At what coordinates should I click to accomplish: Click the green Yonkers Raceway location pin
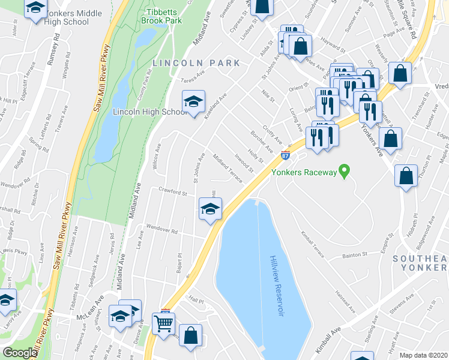[344, 172]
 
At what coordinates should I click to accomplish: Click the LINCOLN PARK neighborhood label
[196, 63]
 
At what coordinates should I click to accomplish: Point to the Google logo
[20, 353]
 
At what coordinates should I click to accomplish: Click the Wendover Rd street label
[163, 230]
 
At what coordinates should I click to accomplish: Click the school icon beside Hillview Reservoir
[210, 209]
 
